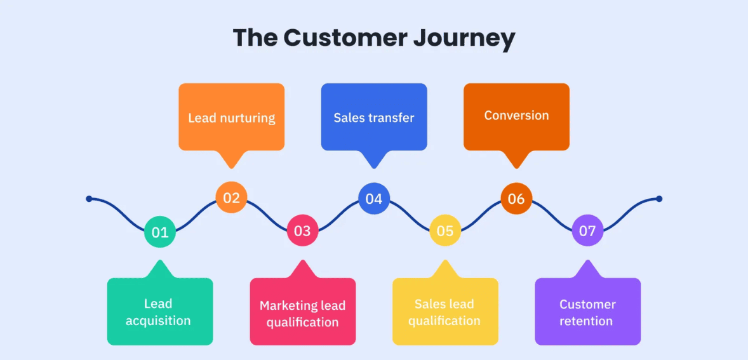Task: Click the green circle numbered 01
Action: (160, 232)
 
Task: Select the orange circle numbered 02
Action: (231, 198)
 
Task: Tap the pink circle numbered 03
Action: (302, 230)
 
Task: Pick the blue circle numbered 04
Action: (374, 199)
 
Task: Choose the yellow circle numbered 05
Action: (445, 230)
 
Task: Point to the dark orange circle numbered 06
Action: (516, 199)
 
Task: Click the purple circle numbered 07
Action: (587, 230)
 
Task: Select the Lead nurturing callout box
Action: (231, 117)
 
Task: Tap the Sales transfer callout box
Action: (374, 117)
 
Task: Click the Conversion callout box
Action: (516, 116)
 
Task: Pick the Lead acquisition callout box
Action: (159, 312)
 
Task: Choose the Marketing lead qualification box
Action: (302, 313)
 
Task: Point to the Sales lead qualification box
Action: (444, 312)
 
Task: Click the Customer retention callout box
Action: (587, 312)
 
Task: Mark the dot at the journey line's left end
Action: (89, 199)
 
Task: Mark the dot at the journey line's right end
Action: (659, 199)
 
